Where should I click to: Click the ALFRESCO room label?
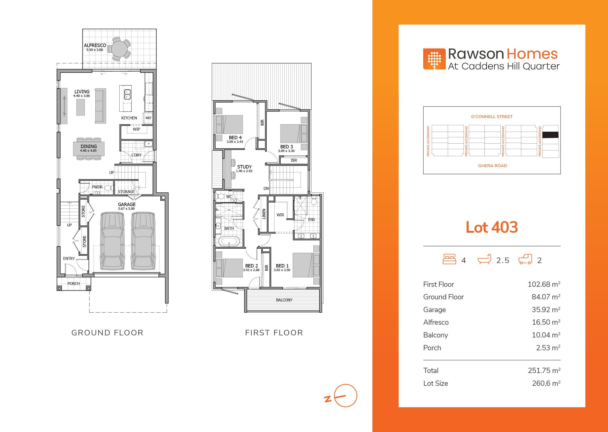pos(95,45)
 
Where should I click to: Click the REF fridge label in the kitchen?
pos(148,118)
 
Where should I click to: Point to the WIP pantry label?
pos(136,129)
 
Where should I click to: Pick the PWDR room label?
pos(97,187)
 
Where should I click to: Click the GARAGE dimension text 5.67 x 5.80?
pos(127,208)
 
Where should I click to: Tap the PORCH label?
pos(73,284)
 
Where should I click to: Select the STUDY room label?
pos(244,167)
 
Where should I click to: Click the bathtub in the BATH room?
pos(229,242)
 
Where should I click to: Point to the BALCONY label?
pos(284,300)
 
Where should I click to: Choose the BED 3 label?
pos(287,147)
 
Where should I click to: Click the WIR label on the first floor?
pos(280,215)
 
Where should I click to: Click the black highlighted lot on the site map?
pos(550,135)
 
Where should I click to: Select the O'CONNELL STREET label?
pos(492,116)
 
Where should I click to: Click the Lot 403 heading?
pos(492,227)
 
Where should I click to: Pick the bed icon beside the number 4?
pos(449,259)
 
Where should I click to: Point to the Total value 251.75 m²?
pos(544,370)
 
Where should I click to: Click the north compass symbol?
pos(345,395)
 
